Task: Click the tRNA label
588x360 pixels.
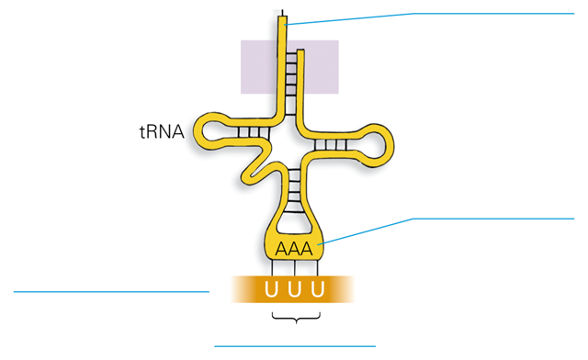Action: pyautogui.click(x=161, y=132)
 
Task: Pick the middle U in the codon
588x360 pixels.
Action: pyautogui.click(x=294, y=290)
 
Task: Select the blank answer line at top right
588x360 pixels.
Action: pyautogui.click(x=492, y=14)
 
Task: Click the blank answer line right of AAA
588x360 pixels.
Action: pyautogui.click(x=492, y=219)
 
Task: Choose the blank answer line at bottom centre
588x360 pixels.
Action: pyautogui.click(x=294, y=346)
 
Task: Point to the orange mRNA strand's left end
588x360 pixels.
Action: pyautogui.click(x=237, y=289)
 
